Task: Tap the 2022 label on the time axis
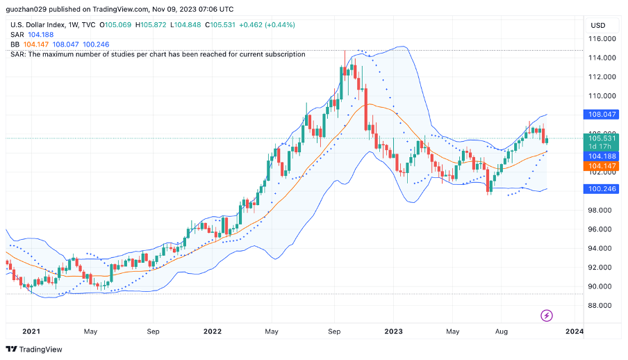pyautogui.click(x=213, y=332)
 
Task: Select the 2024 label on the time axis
pyautogui.click(x=574, y=332)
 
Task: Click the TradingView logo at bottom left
pyautogui.click(x=34, y=349)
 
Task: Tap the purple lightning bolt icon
pyautogui.click(x=547, y=316)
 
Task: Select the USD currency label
pyautogui.click(x=597, y=25)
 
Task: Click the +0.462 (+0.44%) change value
pyautogui.click(x=267, y=25)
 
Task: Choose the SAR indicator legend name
pyautogui.click(x=17, y=35)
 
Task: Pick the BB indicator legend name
pyautogui.click(x=15, y=44)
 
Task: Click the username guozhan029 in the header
pyautogui.click(x=26, y=10)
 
